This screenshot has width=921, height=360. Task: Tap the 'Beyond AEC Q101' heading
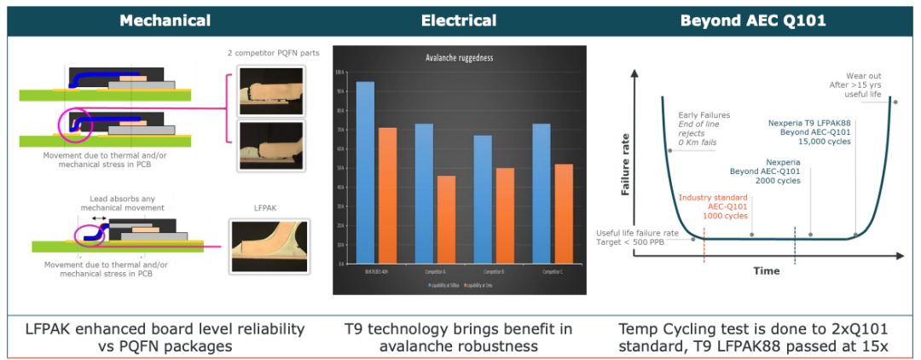[753, 20]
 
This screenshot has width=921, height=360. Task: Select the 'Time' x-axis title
[766, 271]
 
